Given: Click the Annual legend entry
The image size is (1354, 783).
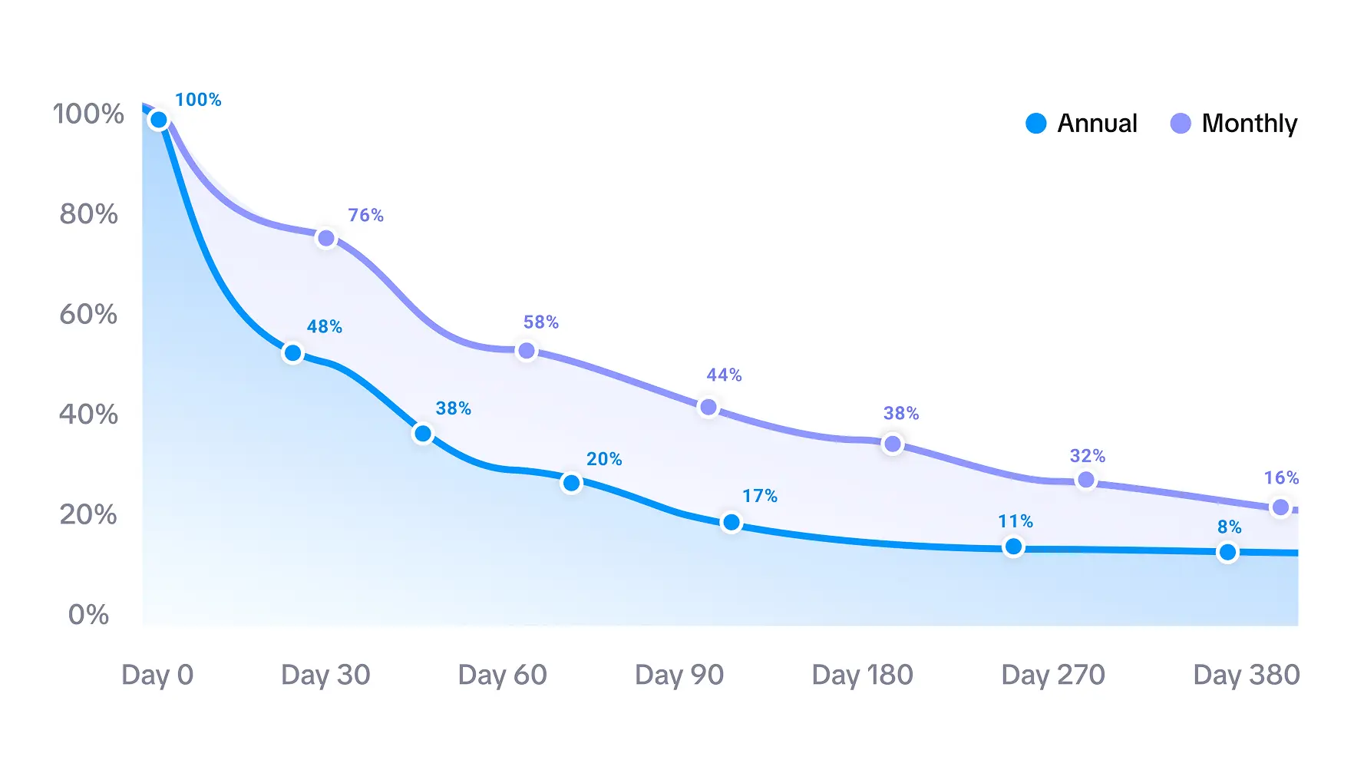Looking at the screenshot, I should click(1082, 124).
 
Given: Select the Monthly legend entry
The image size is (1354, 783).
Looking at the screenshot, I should click(1234, 124).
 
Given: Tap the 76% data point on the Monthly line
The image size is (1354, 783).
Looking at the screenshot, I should click(326, 238).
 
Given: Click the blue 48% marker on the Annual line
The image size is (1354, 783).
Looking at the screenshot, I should click(292, 353).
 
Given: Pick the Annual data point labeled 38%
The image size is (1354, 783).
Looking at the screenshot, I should click(423, 434).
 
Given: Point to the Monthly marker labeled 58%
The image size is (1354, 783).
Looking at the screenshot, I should click(527, 351).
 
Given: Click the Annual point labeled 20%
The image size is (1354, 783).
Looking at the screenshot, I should click(571, 483).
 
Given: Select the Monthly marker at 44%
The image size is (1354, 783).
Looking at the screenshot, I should click(708, 407).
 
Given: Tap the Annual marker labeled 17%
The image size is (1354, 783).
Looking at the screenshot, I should click(731, 523).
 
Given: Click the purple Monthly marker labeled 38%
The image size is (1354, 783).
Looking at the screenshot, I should click(893, 444).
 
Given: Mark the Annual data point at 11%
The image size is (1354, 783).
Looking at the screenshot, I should click(1013, 547).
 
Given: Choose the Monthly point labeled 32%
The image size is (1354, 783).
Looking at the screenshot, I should click(1086, 480).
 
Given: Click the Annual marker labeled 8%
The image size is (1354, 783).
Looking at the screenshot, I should click(1227, 552).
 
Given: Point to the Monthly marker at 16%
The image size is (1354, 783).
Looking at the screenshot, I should click(1280, 507).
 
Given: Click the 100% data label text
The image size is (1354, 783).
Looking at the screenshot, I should click(198, 100).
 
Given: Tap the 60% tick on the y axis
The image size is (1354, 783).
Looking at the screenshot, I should click(88, 314).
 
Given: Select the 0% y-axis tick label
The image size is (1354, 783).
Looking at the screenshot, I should click(88, 615).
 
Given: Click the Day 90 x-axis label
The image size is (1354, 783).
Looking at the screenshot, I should click(679, 675).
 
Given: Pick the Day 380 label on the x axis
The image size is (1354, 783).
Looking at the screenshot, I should click(1246, 675).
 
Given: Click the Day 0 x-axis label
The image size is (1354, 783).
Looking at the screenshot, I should click(157, 675).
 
